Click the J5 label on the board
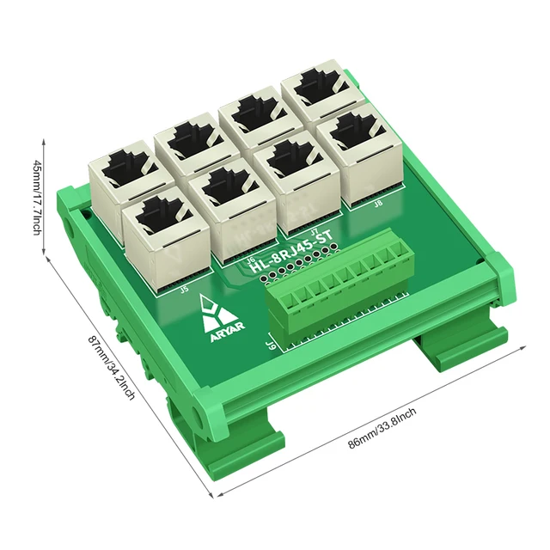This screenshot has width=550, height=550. pyautogui.click(x=184, y=290)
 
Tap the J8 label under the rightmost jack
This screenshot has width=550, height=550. pyautogui.click(x=378, y=204)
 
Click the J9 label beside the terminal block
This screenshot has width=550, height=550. pyautogui.click(x=272, y=345)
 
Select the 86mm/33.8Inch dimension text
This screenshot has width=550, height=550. pyautogui.click(x=382, y=430)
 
